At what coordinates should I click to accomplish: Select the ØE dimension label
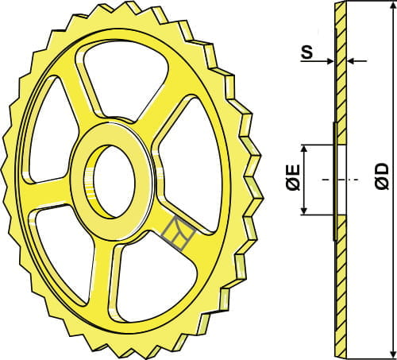coord(292,180)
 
